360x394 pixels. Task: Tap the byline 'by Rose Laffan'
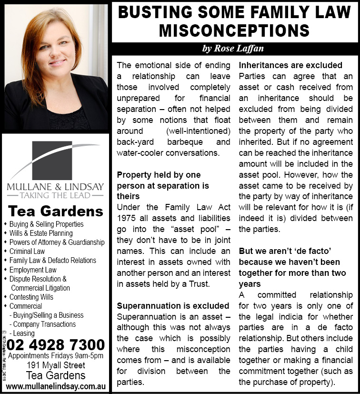tap(233, 49)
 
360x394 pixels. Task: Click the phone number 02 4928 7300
tap(56, 344)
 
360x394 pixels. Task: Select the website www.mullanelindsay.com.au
tap(56, 385)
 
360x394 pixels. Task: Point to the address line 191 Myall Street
tap(56, 365)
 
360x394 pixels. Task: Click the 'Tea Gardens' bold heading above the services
tap(56, 211)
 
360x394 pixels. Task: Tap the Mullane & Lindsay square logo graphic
tap(52, 160)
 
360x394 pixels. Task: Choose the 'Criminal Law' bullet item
tap(27, 251)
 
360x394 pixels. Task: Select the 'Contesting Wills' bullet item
tap(31, 297)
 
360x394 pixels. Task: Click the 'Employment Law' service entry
tap(33, 270)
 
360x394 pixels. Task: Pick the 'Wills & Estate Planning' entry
tap(41, 233)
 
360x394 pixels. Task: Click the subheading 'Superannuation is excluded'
tap(173, 305)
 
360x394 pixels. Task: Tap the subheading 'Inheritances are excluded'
tap(290, 65)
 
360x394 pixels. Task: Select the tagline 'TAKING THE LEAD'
tap(56, 194)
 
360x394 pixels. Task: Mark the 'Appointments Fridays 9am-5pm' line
tap(56, 356)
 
